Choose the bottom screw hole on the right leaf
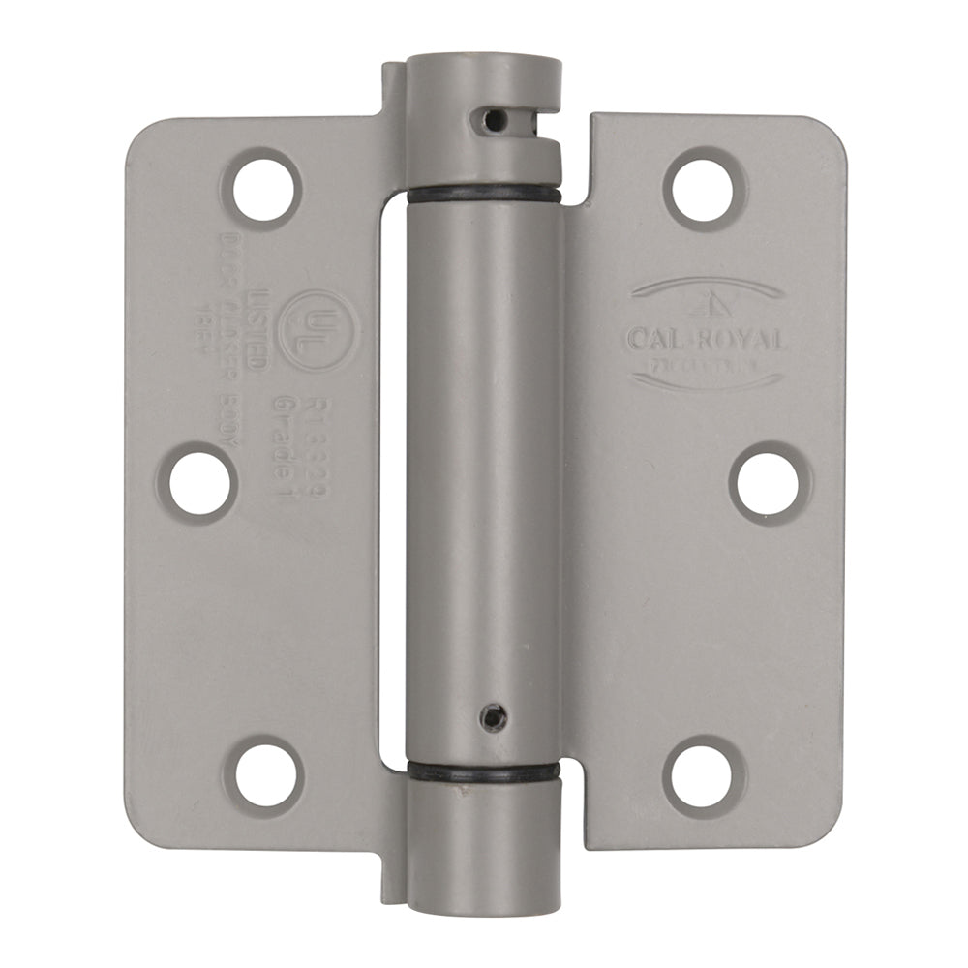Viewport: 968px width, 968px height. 704,776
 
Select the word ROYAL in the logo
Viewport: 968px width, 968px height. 746,340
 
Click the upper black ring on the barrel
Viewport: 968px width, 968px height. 484,195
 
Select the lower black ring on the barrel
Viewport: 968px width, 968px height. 484,771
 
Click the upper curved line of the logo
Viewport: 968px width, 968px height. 706,286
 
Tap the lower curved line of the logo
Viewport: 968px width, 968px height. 706,379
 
